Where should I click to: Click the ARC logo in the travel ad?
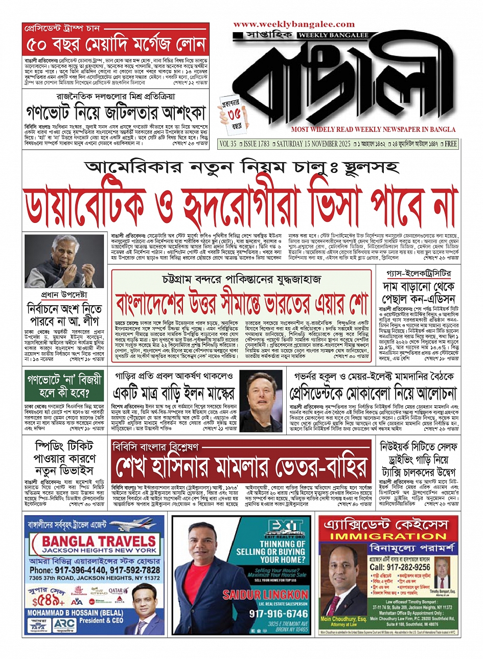pos(64,625)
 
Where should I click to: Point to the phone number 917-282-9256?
pos(400,567)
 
